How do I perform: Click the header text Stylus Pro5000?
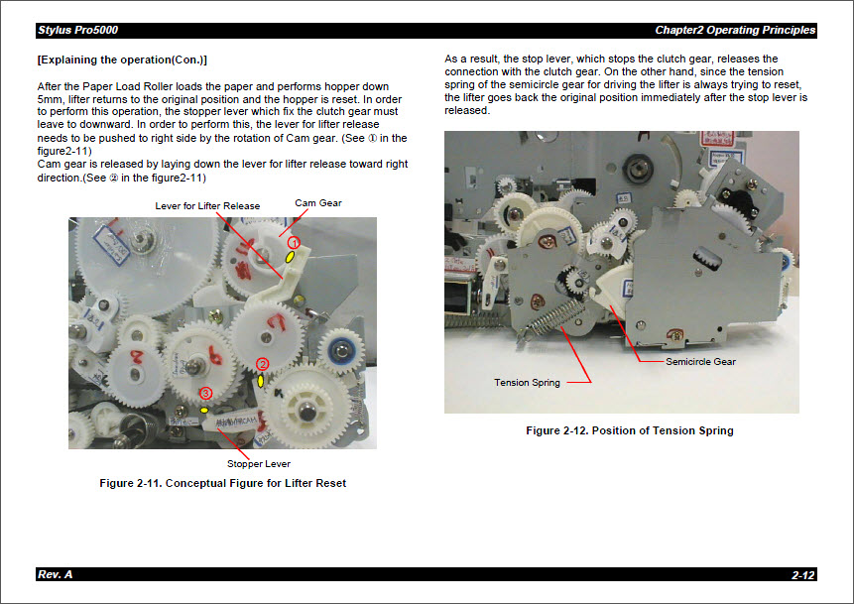coord(77,30)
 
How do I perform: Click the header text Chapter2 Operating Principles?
coord(734,30)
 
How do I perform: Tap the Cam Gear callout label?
coord(318,203)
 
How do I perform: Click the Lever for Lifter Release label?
coord(207,206)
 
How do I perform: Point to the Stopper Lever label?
coord(258,463)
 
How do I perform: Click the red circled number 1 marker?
coord(294,242)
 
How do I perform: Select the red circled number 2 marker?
coord(263,364)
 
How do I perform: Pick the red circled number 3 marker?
coord(206,393)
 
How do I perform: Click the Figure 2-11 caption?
coord(222,483)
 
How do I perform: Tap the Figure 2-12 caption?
coord(629,430)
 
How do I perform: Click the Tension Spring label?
coord(527,383)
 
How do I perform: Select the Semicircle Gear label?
coord(700,362)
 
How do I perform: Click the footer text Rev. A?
coord(55,575)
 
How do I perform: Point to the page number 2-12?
coord(802,575)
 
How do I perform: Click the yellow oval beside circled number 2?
coord(261,381)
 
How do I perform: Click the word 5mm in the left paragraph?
coord(49,100)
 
